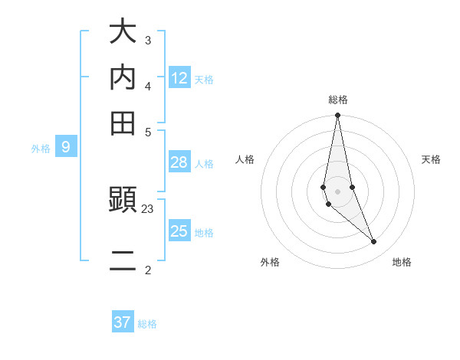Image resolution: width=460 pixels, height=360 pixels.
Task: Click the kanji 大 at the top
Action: tap(123, 33)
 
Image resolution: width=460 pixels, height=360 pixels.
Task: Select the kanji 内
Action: tap(123, 77)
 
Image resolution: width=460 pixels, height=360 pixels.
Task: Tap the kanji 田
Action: tap(123, 122)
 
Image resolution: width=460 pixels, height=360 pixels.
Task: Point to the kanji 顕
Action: tap(123, 201)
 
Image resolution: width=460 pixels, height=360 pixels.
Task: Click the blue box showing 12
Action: tap(179, 77)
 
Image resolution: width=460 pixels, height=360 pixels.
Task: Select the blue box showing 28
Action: tap(179, 162)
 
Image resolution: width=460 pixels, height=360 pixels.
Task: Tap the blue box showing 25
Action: tap(179, 231)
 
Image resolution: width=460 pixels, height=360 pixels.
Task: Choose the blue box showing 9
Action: tap(66, 146)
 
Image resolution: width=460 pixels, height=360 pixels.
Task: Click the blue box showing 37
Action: tap(123, 322)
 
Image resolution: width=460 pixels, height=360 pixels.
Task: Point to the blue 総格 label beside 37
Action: tap(147, 324)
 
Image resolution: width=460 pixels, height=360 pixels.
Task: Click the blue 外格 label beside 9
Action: tap(41, 149)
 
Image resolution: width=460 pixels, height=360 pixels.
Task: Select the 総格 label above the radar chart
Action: tap(338, 100)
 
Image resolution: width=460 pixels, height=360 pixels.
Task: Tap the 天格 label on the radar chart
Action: tap(431, 159)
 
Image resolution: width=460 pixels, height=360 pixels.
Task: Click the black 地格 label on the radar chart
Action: tap(402, 262)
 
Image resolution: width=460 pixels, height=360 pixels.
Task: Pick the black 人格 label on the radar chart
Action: tap(245, 159)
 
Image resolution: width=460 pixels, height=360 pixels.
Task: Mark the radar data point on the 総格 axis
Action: tap(337, 116)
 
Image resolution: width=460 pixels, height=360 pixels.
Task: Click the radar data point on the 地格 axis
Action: tap(374, 241)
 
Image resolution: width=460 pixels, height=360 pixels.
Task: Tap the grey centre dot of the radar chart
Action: tap(337, 191)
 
